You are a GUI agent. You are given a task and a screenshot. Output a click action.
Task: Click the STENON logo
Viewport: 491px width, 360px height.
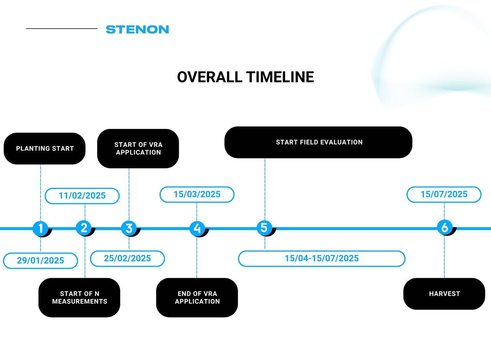point(137,30)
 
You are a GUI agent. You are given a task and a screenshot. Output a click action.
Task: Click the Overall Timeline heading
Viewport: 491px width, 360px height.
point(245,77)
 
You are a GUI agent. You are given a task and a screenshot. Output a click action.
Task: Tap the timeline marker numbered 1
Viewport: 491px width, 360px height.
point(41,228)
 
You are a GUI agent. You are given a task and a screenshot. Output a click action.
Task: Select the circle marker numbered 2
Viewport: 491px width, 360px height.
point(84,228)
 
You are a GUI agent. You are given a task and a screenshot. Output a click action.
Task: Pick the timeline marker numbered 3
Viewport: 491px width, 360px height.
point(129,228)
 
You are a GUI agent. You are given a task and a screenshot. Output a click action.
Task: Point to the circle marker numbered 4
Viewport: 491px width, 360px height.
point(197,228)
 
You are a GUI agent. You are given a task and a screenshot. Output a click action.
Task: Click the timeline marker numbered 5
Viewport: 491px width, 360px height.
point(264,228)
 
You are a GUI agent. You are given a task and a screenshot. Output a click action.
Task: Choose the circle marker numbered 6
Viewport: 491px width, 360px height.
point(445,227)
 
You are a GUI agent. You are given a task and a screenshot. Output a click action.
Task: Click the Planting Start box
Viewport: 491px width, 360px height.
point(45,148)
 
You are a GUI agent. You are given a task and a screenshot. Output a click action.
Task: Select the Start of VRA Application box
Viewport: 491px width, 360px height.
point(138,148)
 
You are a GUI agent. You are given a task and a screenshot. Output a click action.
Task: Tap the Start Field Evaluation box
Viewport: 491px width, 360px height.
point(318,142)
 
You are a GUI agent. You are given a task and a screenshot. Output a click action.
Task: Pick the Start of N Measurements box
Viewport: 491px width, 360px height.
point(79,298)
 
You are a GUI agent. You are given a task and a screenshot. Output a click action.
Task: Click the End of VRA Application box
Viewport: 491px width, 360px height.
point(197,298)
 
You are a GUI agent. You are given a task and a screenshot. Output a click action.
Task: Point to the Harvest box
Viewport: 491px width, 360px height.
point(444,294)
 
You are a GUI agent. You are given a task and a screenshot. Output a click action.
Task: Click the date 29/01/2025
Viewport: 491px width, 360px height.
point(41,261)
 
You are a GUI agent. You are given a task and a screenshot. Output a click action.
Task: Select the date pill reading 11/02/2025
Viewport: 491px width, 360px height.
point(82,196)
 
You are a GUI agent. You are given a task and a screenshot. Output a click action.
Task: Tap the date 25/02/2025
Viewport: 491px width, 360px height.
point(127,258)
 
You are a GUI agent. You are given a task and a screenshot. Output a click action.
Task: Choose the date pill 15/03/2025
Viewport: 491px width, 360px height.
point(197,194)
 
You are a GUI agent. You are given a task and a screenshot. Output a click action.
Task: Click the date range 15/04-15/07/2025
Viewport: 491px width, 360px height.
point(321,258)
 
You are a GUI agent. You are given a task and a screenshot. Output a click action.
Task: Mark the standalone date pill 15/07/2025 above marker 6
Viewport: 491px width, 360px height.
point(444,194)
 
